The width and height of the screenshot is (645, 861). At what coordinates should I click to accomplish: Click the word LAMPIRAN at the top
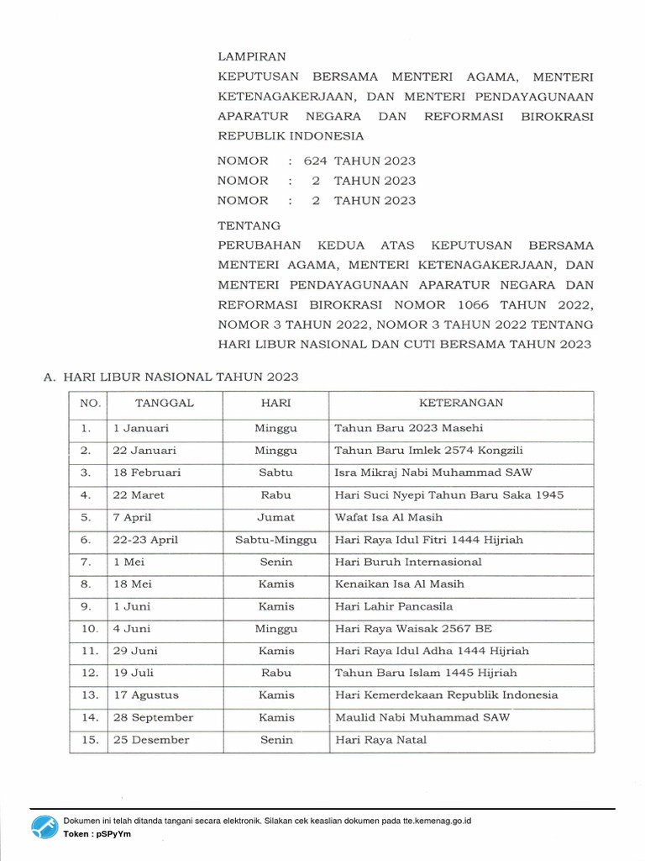click(252, 57)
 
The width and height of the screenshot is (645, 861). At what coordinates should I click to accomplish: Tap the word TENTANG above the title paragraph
click(249, 226)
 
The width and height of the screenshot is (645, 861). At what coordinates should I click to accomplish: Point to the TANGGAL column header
click(165, 403)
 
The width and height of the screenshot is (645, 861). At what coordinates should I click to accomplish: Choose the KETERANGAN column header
click(461, 403)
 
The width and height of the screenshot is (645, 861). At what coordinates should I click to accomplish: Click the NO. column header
click(90, 404)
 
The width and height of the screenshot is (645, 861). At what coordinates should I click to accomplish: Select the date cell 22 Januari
click(144, 451)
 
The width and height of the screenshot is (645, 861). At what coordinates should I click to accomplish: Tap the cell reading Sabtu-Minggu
click(276, 540)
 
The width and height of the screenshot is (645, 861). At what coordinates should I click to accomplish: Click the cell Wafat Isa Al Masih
click(388, 517)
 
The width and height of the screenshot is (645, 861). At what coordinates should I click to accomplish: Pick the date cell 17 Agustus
click(146, 695)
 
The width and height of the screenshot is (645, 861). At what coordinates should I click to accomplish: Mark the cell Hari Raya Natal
click(380, 740)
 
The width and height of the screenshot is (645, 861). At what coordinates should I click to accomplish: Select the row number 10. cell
click(90, 629)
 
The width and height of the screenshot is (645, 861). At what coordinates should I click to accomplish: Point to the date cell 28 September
click(153, 717)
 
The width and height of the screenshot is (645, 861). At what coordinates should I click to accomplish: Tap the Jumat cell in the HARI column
click(276, 517)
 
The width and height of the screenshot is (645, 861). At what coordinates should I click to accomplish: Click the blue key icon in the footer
click(45, 827)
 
